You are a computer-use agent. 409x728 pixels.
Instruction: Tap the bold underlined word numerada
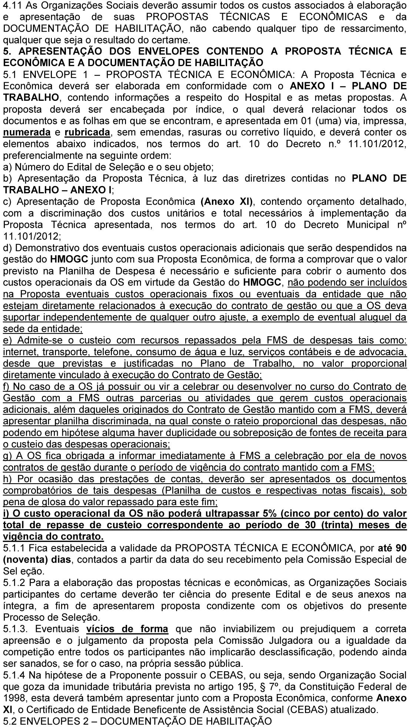click(x=27, y=132)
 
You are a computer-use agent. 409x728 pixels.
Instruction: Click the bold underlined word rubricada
click(x=87, y=132)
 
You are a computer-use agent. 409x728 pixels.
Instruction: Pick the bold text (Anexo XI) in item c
click(x=226, y=202)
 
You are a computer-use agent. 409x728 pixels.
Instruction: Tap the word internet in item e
click(x=20, y=352)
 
